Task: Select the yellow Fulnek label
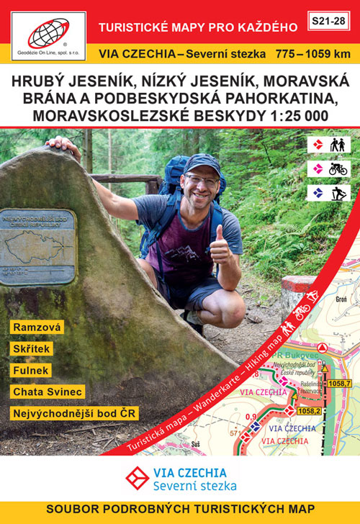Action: (x=30, y=370)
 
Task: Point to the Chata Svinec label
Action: (x=48, y=392)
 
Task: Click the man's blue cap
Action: (x=201, y=164)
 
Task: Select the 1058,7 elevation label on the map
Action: (x=338, y=383)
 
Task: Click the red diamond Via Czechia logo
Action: (x=136, y=477)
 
